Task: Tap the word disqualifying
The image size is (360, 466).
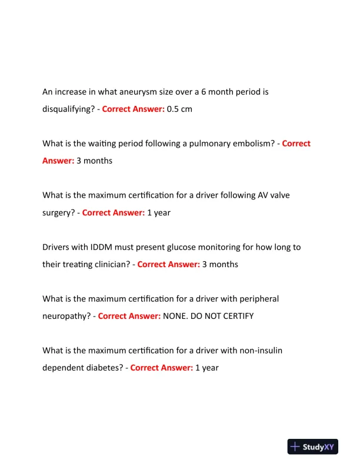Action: point(68,109)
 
